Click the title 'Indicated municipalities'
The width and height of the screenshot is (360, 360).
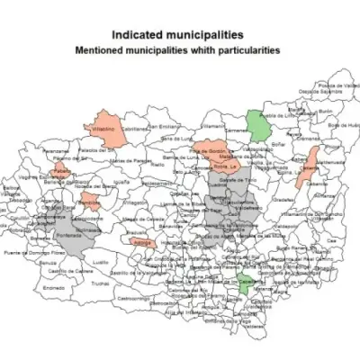pos(179,34)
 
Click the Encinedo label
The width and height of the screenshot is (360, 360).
pos(53,287)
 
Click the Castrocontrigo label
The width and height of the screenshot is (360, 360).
pos(132,297)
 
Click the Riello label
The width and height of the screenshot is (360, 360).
pos(157,165)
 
